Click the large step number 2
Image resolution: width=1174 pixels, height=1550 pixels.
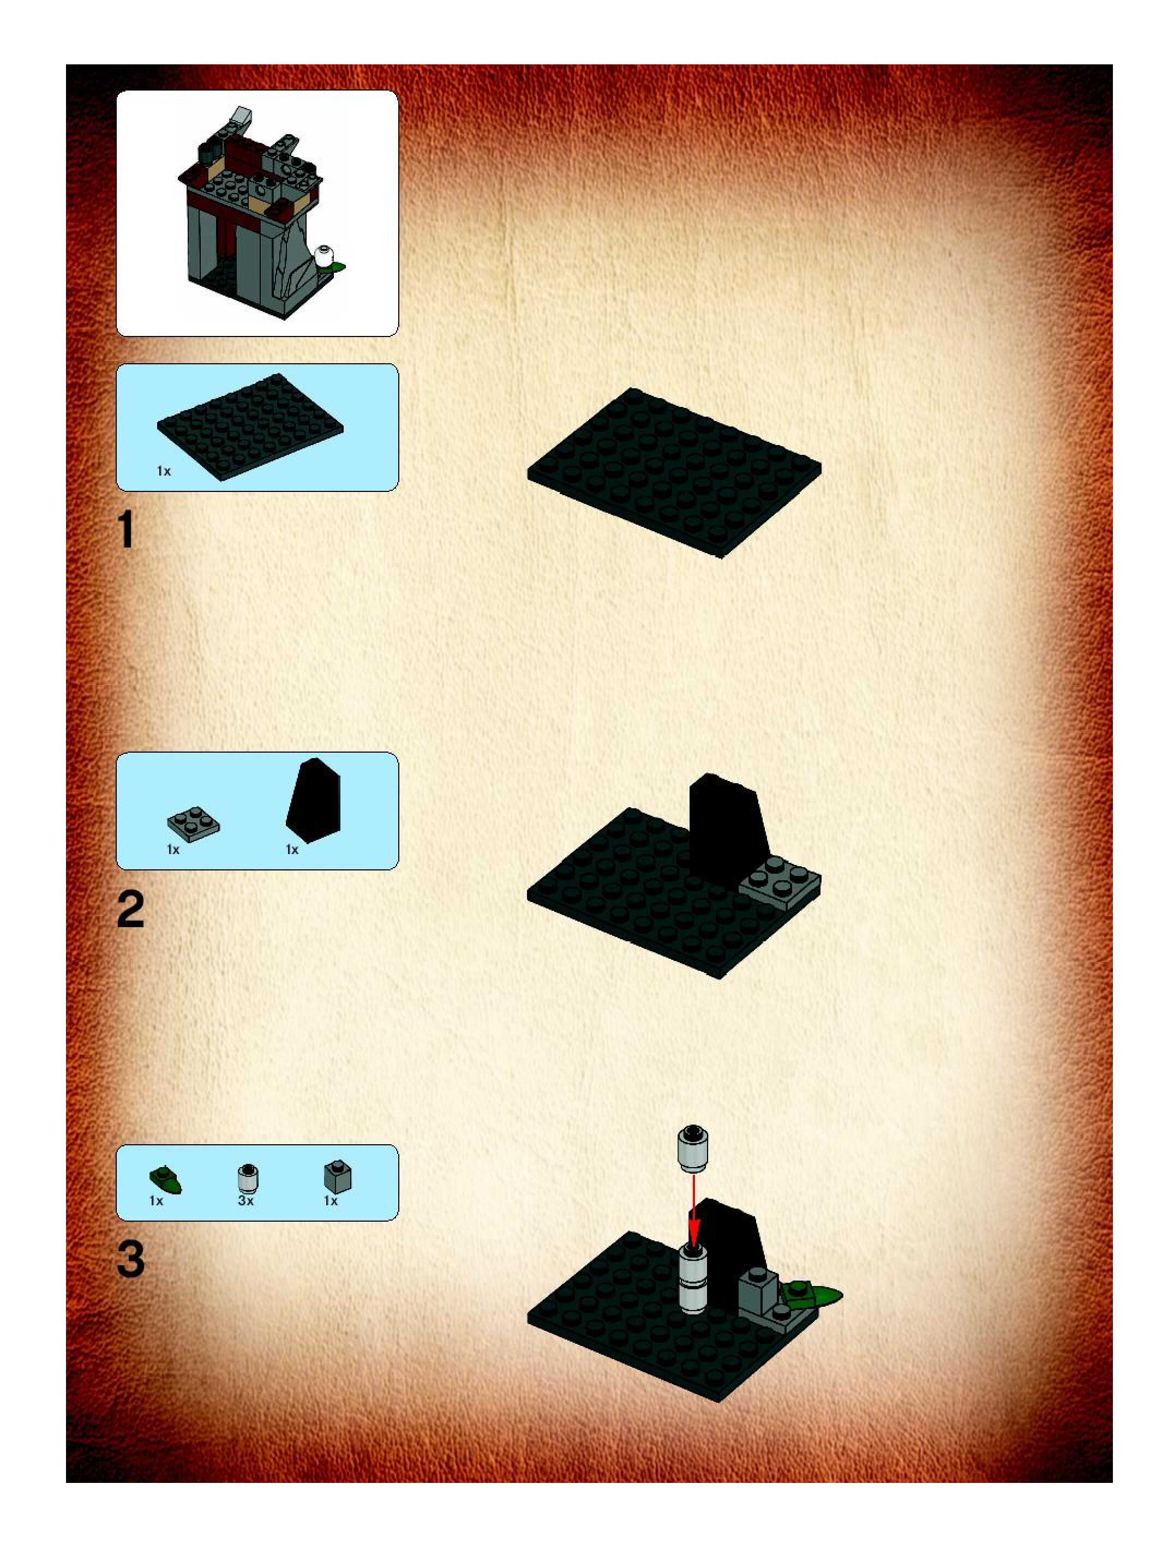click(130, 910)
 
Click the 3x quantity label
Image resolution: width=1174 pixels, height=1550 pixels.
click(245, 1201)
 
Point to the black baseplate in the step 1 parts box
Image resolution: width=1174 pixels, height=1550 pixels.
click(250, 426)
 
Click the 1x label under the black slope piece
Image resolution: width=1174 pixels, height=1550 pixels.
click(291, 850)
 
